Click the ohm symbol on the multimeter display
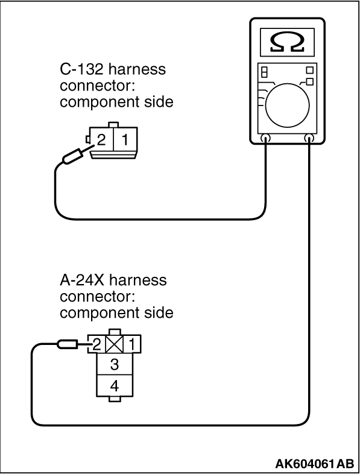click(x=287, y=42)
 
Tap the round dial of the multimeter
click(x=288, y=106)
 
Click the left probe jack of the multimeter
click(x=265, y=139)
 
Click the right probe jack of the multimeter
click(x=309, y=139)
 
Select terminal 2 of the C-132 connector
click(x=101, y=140)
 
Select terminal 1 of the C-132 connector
click(x=125, y=140)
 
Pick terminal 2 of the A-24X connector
click(x=96, y=344)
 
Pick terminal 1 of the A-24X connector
click(x=132, y=344)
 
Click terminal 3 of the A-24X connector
click(x=114, y=364)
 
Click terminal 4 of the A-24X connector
click(x=114, y=386)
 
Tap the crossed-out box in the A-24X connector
click(x=114, y=344)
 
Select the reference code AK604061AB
click(x=314, y=463)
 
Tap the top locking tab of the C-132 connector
click(x=113, y=125)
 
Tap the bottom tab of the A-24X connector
click(x=114, y=399)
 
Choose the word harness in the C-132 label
click(x=137, y=69)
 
